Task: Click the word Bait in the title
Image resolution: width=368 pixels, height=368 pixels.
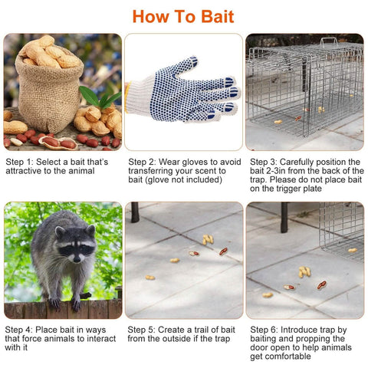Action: [x=218, y=17]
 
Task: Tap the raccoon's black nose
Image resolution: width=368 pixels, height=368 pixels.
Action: [x=77, y=260]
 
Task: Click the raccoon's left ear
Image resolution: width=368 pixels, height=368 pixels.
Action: [x=60, y=232]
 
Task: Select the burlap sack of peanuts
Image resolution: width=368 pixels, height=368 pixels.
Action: [x=49, y=86]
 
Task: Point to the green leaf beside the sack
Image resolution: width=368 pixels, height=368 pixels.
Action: [x=90, y=96]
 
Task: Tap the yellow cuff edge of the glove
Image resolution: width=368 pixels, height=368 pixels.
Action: [x=127, y=97]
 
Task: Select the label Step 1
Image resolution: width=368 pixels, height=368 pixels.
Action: [x=19, y=162]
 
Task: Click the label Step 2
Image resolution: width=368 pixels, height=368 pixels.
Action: [x=142, y=162]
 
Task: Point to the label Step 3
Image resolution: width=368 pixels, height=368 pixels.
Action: [x=264, y=162]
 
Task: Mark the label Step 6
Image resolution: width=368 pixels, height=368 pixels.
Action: [x=264, y=330]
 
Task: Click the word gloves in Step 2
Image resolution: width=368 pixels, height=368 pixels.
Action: [x=195, y=163]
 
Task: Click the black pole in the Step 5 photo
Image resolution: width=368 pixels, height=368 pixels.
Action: [x=135, y=212]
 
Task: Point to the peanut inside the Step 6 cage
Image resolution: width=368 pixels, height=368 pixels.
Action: [x=353, y=250]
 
